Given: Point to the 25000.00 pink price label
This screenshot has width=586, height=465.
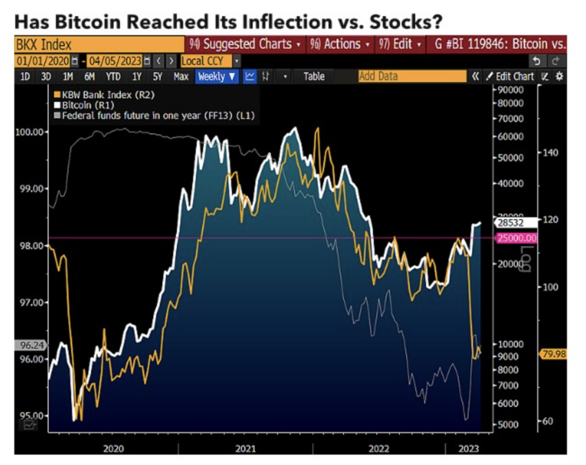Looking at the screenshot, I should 516,238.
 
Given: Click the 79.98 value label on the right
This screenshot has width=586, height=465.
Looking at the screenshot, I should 554,353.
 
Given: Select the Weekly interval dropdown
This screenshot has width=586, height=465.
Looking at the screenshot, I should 216,76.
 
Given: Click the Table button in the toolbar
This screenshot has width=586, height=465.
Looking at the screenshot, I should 314,76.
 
